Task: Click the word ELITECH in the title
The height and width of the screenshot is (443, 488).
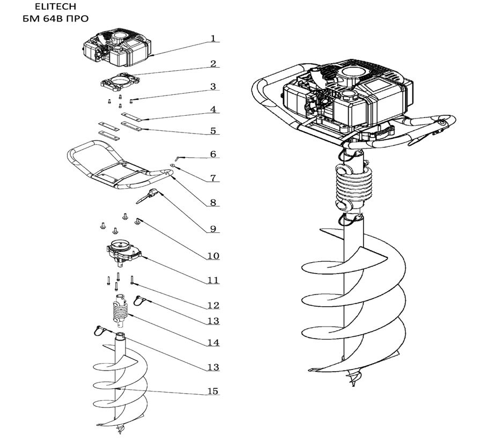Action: point(56,6)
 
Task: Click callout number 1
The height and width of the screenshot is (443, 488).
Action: point(213,38)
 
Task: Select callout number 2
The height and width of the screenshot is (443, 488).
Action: point(213,64)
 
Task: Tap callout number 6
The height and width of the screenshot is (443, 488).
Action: point(213,154)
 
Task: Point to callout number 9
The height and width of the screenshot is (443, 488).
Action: point(213,229)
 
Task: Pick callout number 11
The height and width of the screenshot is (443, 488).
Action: point(213,280)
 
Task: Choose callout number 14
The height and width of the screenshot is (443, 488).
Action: point(213,343)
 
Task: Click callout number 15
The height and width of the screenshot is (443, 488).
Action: point(213,392)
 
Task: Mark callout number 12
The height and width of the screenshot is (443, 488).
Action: point(213,305)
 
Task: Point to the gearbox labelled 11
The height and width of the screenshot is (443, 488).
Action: point(123,253)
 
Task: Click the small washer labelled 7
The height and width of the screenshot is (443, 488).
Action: point(173,165)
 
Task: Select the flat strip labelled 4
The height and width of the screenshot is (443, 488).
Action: point(131,116)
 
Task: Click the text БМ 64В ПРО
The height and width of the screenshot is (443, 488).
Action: point(56,19)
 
